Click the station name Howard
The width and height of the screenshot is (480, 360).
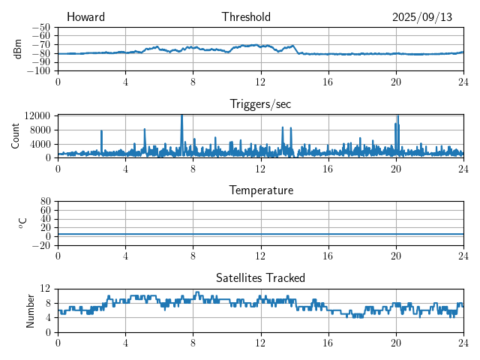(85, 17)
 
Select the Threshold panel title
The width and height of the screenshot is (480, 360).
(246, 17)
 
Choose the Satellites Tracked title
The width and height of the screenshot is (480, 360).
(260, 277)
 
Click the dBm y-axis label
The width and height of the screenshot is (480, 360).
(18, 49)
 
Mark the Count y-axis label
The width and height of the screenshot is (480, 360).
(16, 136)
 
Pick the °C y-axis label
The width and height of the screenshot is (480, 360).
(22, 223)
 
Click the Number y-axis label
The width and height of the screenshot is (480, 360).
(31, 310)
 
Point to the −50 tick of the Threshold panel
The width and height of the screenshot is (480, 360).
(40, 27)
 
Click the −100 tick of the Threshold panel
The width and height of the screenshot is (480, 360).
(38, 70)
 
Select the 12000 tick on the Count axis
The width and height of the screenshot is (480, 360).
(37, 115)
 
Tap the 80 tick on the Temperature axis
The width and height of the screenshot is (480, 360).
(45, 201)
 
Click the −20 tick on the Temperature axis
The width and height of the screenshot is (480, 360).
(40, 245)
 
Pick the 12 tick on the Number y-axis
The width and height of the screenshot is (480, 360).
(45, 288)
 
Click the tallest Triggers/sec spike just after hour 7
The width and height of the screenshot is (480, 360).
(181, 116)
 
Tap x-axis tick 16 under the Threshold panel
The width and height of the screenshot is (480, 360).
(328, 81)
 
